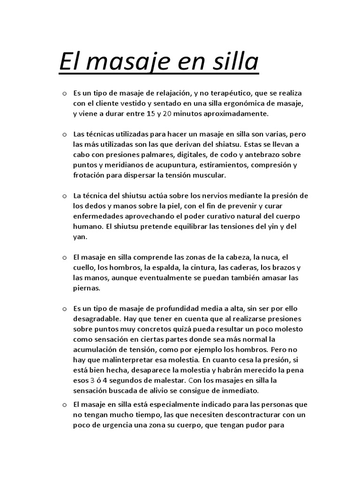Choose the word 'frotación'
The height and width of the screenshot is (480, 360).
[91, 175]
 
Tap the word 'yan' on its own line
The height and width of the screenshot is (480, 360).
[80, 237]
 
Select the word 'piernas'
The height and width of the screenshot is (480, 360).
[87, 288]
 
